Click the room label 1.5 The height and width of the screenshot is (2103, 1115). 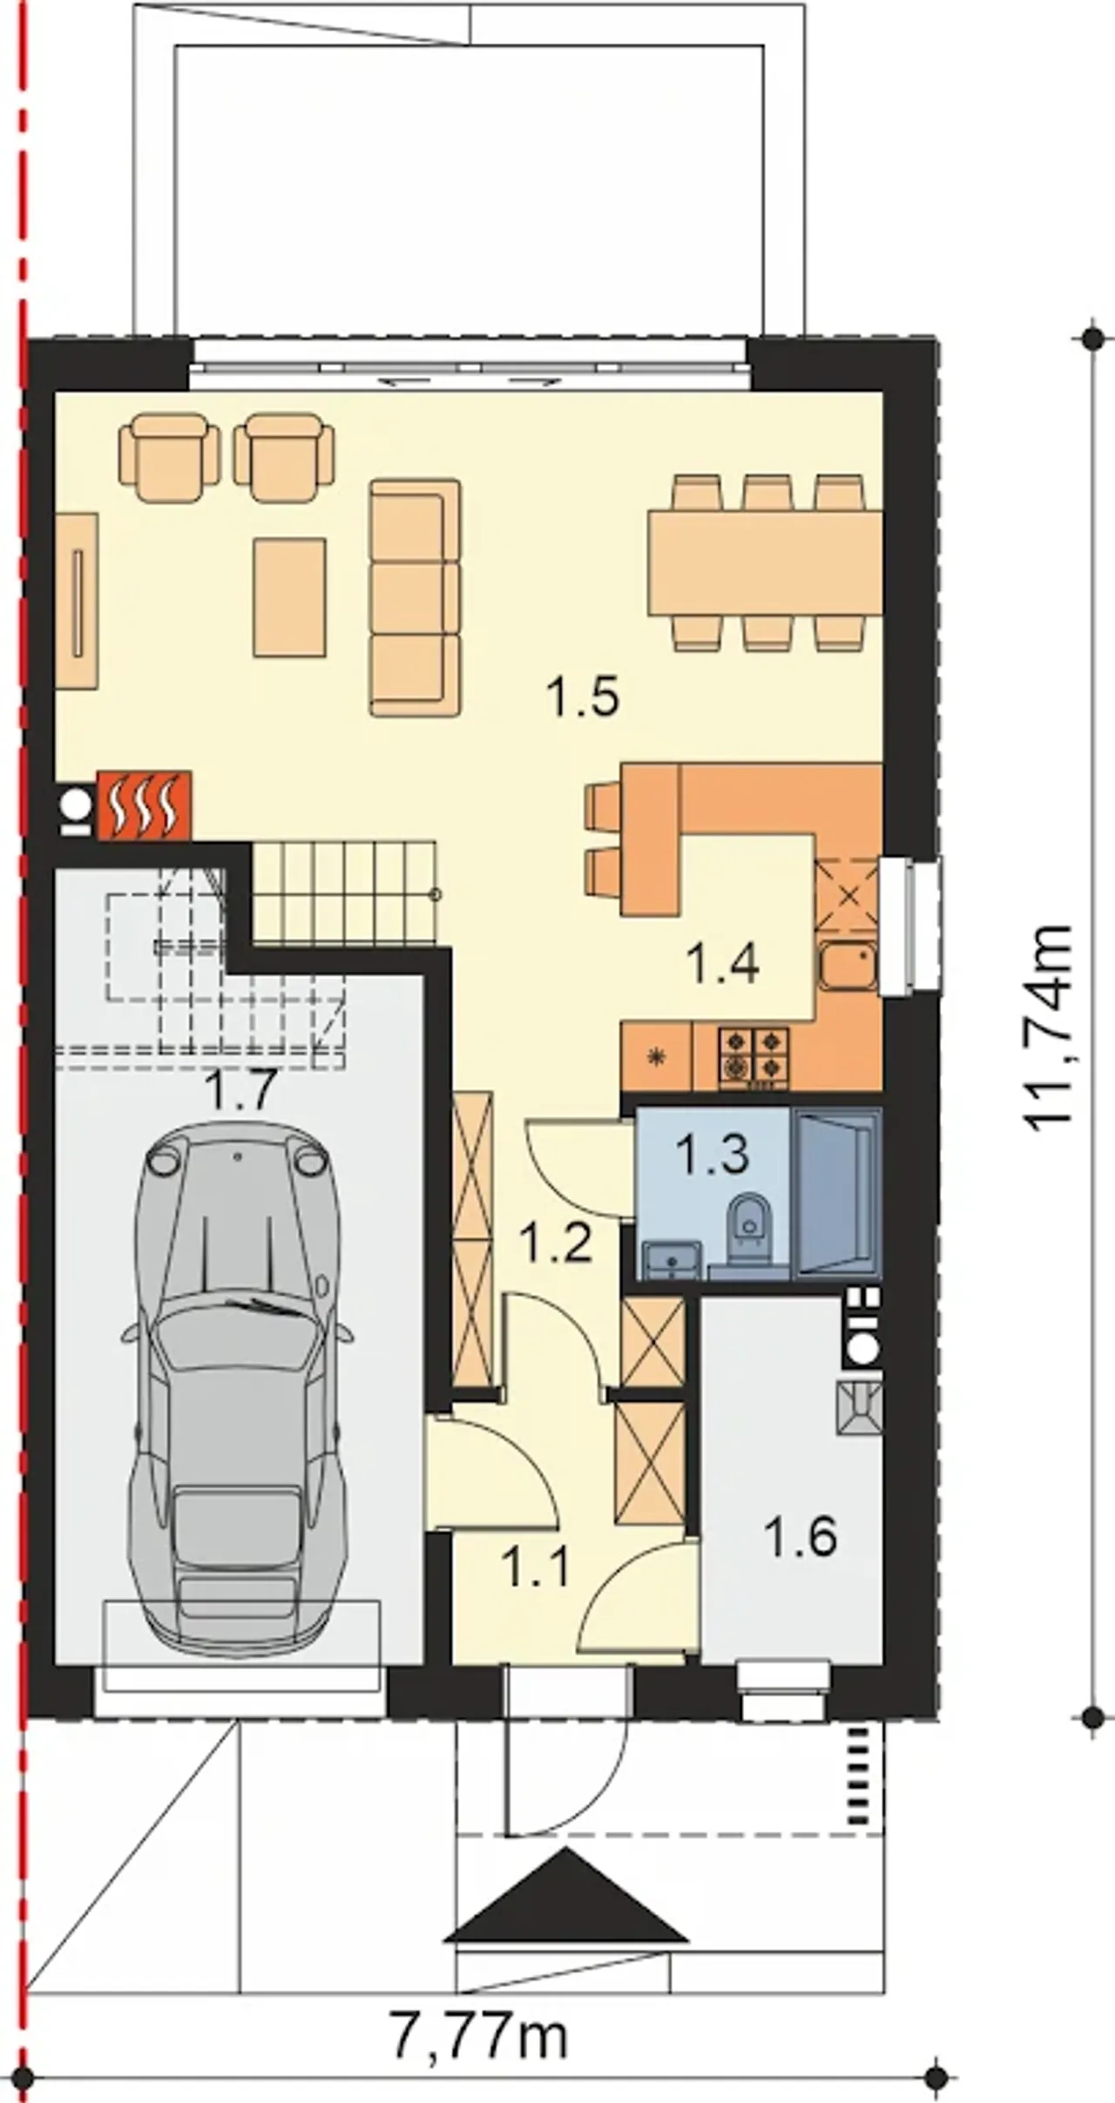583,698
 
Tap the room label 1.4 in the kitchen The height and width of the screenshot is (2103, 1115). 722,963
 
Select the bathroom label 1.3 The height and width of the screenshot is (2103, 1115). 712,1154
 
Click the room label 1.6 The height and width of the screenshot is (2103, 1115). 801,1536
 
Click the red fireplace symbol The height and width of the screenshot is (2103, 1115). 144,805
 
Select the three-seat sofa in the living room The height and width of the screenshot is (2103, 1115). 415,597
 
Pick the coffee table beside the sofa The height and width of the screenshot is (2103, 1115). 290,597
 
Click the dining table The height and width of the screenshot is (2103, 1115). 766,563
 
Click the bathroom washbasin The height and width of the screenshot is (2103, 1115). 672,1260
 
